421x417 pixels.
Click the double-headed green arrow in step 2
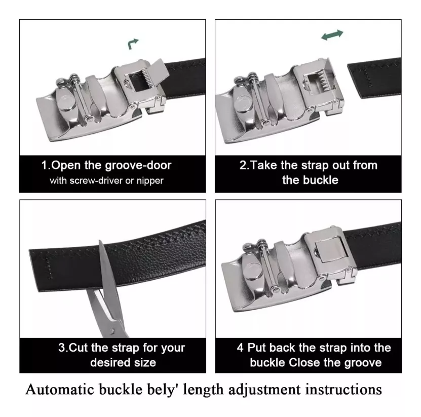[x=332, y=35]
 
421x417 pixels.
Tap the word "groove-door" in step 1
[x=138, y=166]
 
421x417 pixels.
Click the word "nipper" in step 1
[x=150, y=181]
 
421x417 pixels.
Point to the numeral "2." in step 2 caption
[x=245, y=165]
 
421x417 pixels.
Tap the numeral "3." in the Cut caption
[x=63, y=348]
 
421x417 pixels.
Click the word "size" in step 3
[x=145, y=363]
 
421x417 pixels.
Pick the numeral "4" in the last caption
[x=240, y=348]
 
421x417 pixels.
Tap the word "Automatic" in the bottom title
[x=60, y=389]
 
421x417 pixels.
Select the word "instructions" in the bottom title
[x=343, y=390]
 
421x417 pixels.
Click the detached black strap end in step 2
[x=374, y=78]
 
